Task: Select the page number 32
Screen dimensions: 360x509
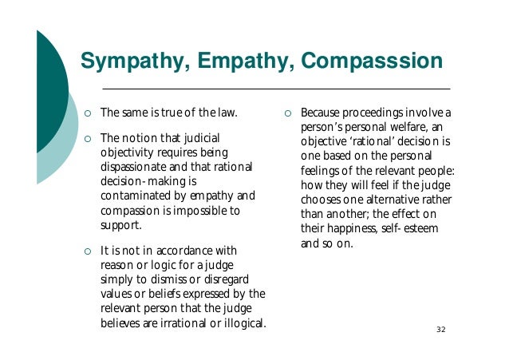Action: [x=441, y=330]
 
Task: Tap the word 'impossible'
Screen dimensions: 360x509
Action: [x=203, y=210]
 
